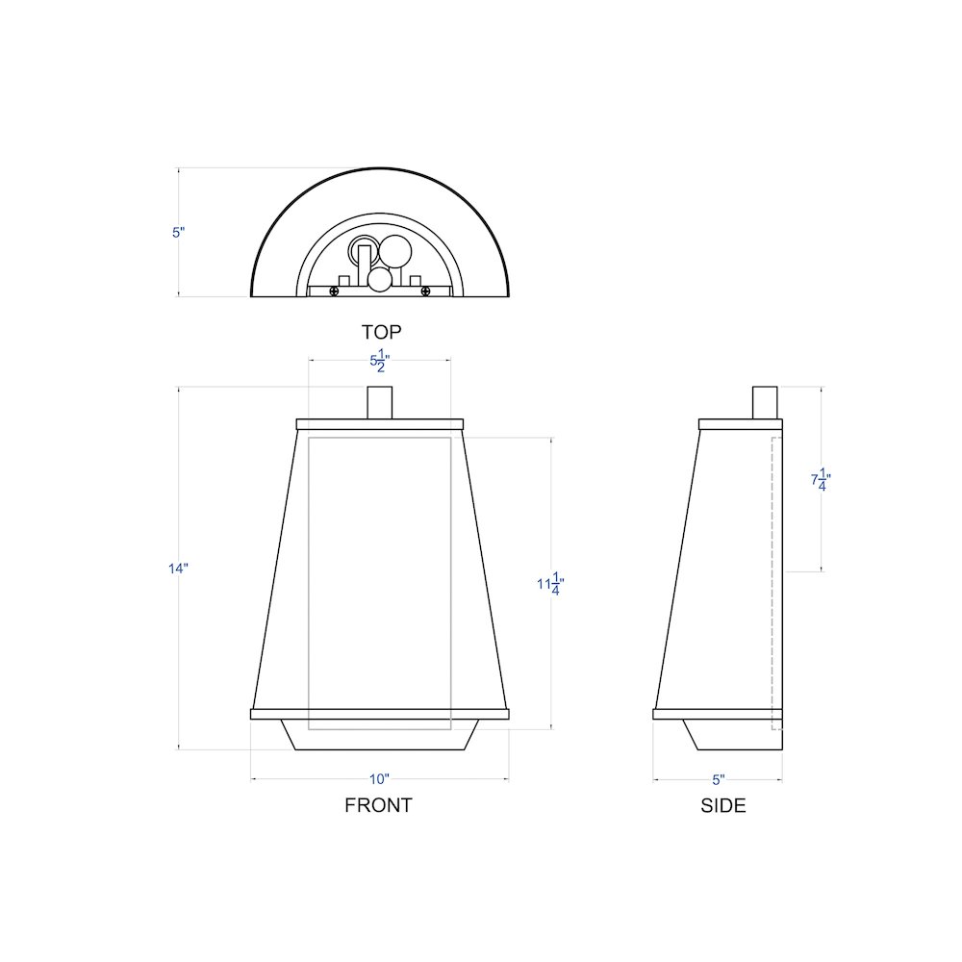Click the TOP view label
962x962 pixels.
pyautogui.click(x=381, y=332)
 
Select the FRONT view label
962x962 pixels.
pyautogui.click(x=378, y=805)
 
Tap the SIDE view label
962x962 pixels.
pyautogui.click(x=722, y=806)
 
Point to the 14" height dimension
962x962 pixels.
pyautogui.click(x=178, y=569)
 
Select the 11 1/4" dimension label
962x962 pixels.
pyautogui.click(x=550, y=585)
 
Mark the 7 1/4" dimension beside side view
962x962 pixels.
pyautogui.click(x=821, y=479)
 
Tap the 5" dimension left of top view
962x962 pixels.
pyautogui.click(x=178, y=232)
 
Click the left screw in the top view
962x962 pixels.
pyautogui.click(x=334, y=291)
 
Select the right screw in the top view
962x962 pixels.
pyautogui.click(x=424, y=291)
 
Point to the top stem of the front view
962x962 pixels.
pyautogui.click(x=380, y=402)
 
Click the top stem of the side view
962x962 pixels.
pyautogui.click(x=765, y=402)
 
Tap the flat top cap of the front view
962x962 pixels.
pyautogui.click(x=380, y=424)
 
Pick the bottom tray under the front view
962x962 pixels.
pyautogui.click(x=379, y=735)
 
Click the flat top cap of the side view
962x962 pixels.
pyautogui.click(x=741, y=424)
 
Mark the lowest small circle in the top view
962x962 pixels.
pyautogui.click(x=380, y=279)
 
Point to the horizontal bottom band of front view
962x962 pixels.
pyautogui.click(x=379, y=714)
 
